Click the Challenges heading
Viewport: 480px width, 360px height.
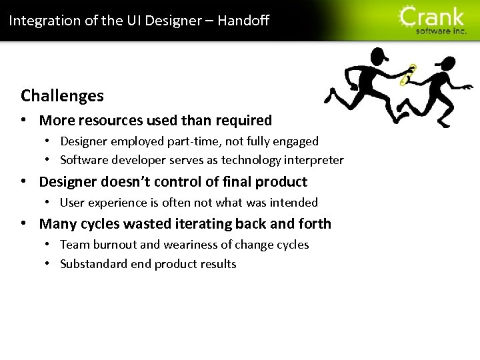click(x=62, y=96)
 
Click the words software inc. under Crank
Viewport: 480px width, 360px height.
click(x=441, y=31)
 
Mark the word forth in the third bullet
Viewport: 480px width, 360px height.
click(x=315, y=224)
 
